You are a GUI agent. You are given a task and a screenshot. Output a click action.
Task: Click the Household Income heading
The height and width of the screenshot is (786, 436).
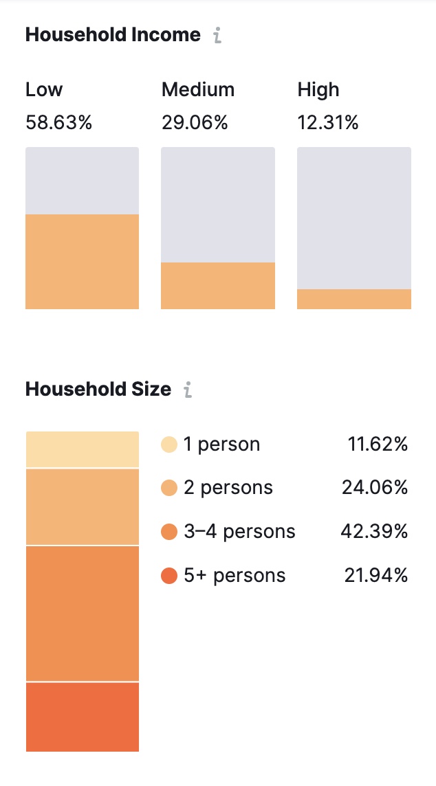tap(113, 35)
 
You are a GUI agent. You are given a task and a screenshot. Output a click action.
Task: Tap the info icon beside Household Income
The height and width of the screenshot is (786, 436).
tap(217, 36)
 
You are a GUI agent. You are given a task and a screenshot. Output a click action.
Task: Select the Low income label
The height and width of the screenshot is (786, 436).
tap(44, 90)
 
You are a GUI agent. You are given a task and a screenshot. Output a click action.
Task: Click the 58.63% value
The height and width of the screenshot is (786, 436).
tap(58, 123)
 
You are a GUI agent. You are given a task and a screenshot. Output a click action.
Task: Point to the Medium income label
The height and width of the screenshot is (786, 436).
tap(197, 90)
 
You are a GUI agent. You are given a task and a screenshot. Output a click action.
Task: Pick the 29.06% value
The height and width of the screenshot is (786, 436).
tap(195, 123)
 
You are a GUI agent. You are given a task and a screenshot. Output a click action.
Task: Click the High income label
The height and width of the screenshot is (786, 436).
tap(318, 90)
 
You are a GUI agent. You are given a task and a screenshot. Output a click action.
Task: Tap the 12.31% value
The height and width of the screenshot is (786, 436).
tap(327, 123)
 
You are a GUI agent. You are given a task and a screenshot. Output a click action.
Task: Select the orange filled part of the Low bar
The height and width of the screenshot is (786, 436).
tap(82, 262)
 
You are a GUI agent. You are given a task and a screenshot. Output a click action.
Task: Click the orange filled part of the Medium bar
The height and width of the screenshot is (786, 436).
tap(217, 286)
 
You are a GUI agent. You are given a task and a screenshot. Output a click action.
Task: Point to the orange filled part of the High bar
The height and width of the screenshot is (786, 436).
tap(353, 299)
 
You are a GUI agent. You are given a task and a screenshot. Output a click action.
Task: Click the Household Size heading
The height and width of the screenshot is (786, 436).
tap(98, 390)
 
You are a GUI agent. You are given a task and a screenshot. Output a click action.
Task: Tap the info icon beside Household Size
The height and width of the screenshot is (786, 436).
tap(187, 390)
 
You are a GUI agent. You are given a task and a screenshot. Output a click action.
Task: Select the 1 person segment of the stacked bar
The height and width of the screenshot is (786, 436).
tap(82, 449)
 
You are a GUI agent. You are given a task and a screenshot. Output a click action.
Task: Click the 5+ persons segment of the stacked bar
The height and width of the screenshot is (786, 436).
tap(82, 717)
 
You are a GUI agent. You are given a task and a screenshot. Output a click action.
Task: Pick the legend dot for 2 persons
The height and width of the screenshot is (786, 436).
tap(168, 488)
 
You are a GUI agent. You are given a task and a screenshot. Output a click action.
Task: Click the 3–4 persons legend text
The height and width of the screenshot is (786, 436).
tap(239, 532)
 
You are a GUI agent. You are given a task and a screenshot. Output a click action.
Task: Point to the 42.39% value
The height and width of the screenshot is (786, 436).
tap(375, 532)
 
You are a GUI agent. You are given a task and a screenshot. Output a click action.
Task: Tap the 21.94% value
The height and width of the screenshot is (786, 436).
tap(375, 576)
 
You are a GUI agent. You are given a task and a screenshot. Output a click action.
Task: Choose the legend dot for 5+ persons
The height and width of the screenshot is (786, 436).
tap(168, 576)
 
